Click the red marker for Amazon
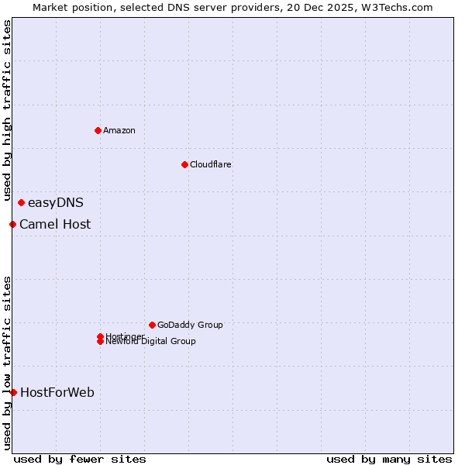point(98,130)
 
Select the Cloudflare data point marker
point(184,164)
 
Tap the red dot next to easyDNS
point(21,203)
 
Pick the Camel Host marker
point(12,225)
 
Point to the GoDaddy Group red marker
point(152,325)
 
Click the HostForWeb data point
point(13,392)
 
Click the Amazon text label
point(119,130)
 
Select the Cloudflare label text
point(211,164)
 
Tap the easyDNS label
point(56,203)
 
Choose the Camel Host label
point(55,225)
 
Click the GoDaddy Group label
point(190,325)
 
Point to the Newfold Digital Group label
point(151,342)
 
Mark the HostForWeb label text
point(57,392)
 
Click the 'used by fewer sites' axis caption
point(80,459)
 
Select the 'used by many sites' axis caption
point(389,459)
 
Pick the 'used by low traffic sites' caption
point(7,362)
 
